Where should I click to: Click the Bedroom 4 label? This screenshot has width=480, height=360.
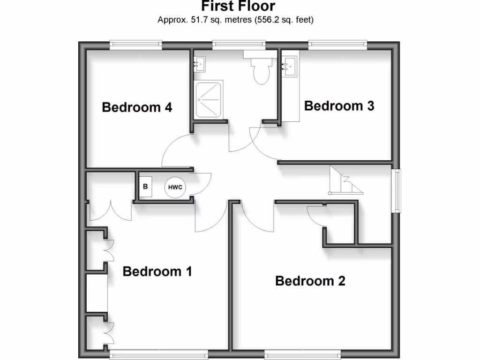[x=137, y=107]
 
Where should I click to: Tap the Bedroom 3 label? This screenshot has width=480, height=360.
[x=339, y=106]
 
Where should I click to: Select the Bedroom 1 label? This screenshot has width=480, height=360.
[x=157, y=271]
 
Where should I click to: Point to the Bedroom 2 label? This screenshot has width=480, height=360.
[x=310, y=281]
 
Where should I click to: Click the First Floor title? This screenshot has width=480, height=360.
[x=238, y=7]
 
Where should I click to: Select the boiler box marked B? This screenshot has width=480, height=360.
[x=145, y=187]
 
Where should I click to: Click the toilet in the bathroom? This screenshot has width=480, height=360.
[x=261, y=69]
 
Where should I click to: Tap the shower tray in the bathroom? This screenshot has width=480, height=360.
[x=209, y=100]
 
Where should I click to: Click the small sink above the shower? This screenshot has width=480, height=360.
[x=200, y=63]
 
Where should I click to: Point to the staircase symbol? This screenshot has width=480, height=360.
[x=345, y=181]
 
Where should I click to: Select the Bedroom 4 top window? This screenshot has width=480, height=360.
[x=136, y=45]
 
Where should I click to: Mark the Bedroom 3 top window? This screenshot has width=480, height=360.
[x=337, y=45]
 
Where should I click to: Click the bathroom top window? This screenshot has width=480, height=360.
[x=239, y=45]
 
